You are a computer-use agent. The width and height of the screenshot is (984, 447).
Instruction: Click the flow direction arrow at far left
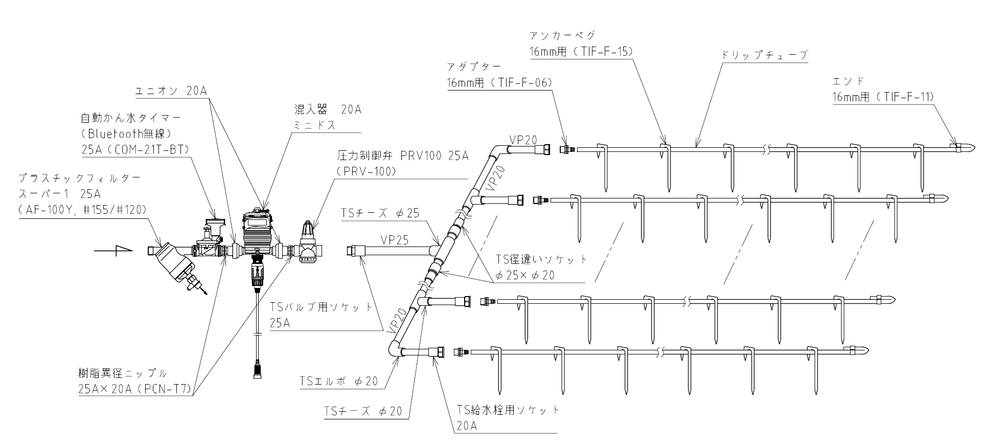click(x=113, y=251)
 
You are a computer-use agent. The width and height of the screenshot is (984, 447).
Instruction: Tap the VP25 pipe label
click(x=394, y=239)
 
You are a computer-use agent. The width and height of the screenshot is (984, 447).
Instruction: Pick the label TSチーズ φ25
click(x=380, y=213)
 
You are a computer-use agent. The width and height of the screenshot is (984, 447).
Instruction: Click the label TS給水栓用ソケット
click(x=509, y=410)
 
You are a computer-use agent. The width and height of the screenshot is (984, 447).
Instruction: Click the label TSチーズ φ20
click(x=363, y=411)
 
